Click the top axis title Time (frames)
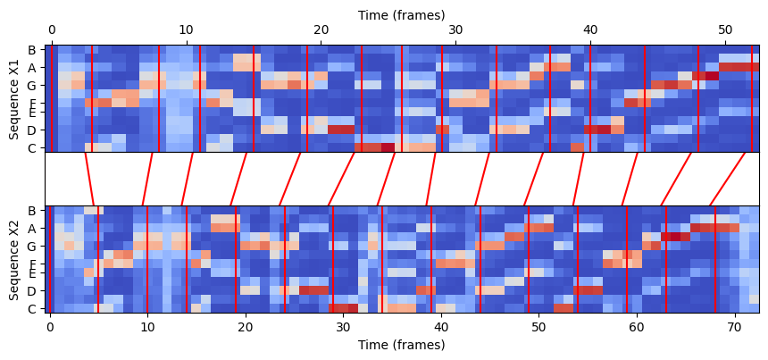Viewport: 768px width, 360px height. point(401,15)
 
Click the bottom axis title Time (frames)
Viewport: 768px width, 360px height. point(401,345)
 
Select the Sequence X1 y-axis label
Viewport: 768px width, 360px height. point(14,98)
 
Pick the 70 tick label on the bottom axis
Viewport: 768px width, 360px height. point(734,327)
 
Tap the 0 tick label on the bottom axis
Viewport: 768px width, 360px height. point(50,327)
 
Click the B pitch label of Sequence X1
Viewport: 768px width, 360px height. point(32,50)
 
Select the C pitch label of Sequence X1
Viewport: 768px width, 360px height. point(32,147)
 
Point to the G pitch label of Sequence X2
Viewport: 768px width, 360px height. point(32,246)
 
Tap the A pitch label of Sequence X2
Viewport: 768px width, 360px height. point(32,228)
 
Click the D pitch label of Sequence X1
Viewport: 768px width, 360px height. point(32,130)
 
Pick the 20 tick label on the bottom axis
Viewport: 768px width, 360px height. point(246,327)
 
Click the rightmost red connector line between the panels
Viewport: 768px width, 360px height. point(728,179)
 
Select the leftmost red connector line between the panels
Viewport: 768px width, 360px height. point(89,179)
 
